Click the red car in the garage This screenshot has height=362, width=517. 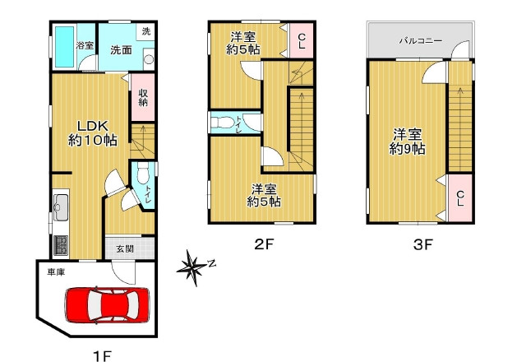pos(107,304)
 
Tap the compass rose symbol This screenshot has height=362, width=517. pos(193,268)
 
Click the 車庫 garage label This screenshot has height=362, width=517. pos(56,272)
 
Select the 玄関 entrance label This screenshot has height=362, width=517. pos(125,248)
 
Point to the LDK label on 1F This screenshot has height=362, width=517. pos(93,126)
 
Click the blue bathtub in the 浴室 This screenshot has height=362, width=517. pos(64,47)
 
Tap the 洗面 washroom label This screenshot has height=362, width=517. pos(121,50)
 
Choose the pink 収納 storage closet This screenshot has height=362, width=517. pos(143,97)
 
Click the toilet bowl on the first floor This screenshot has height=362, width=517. pos(143,174)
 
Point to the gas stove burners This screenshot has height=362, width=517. pos(61,245)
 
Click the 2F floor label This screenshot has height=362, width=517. pos(264,244)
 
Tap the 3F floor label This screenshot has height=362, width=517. pos(423,244)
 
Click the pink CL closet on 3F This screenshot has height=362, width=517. pos(460,198)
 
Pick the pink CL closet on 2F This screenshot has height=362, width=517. pos(302,41)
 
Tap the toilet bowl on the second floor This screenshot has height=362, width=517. pos(219,123)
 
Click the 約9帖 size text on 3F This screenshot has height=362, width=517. pos(407,149)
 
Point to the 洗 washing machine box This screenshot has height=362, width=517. pos(146,31)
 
